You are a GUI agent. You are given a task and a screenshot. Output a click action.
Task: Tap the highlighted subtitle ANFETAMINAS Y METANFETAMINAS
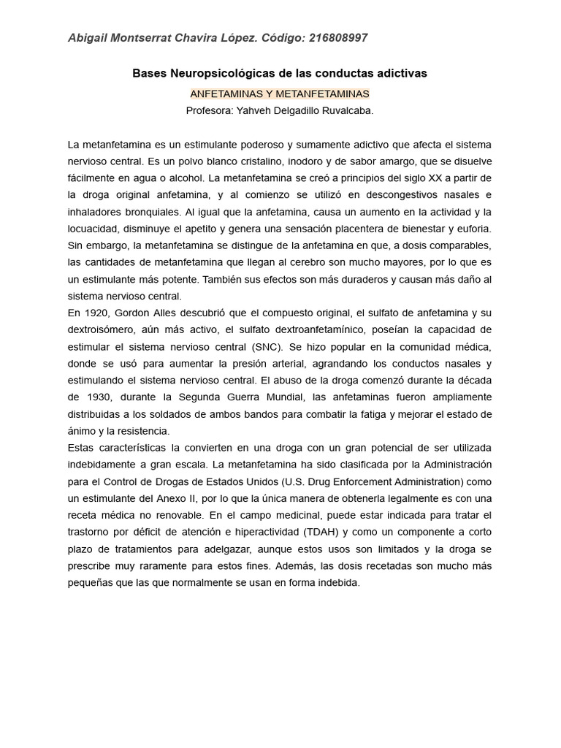tap(280, 94)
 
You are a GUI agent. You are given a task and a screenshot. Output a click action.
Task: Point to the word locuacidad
tap(93, 229)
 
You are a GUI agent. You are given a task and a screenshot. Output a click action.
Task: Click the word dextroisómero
tap(99, 329)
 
